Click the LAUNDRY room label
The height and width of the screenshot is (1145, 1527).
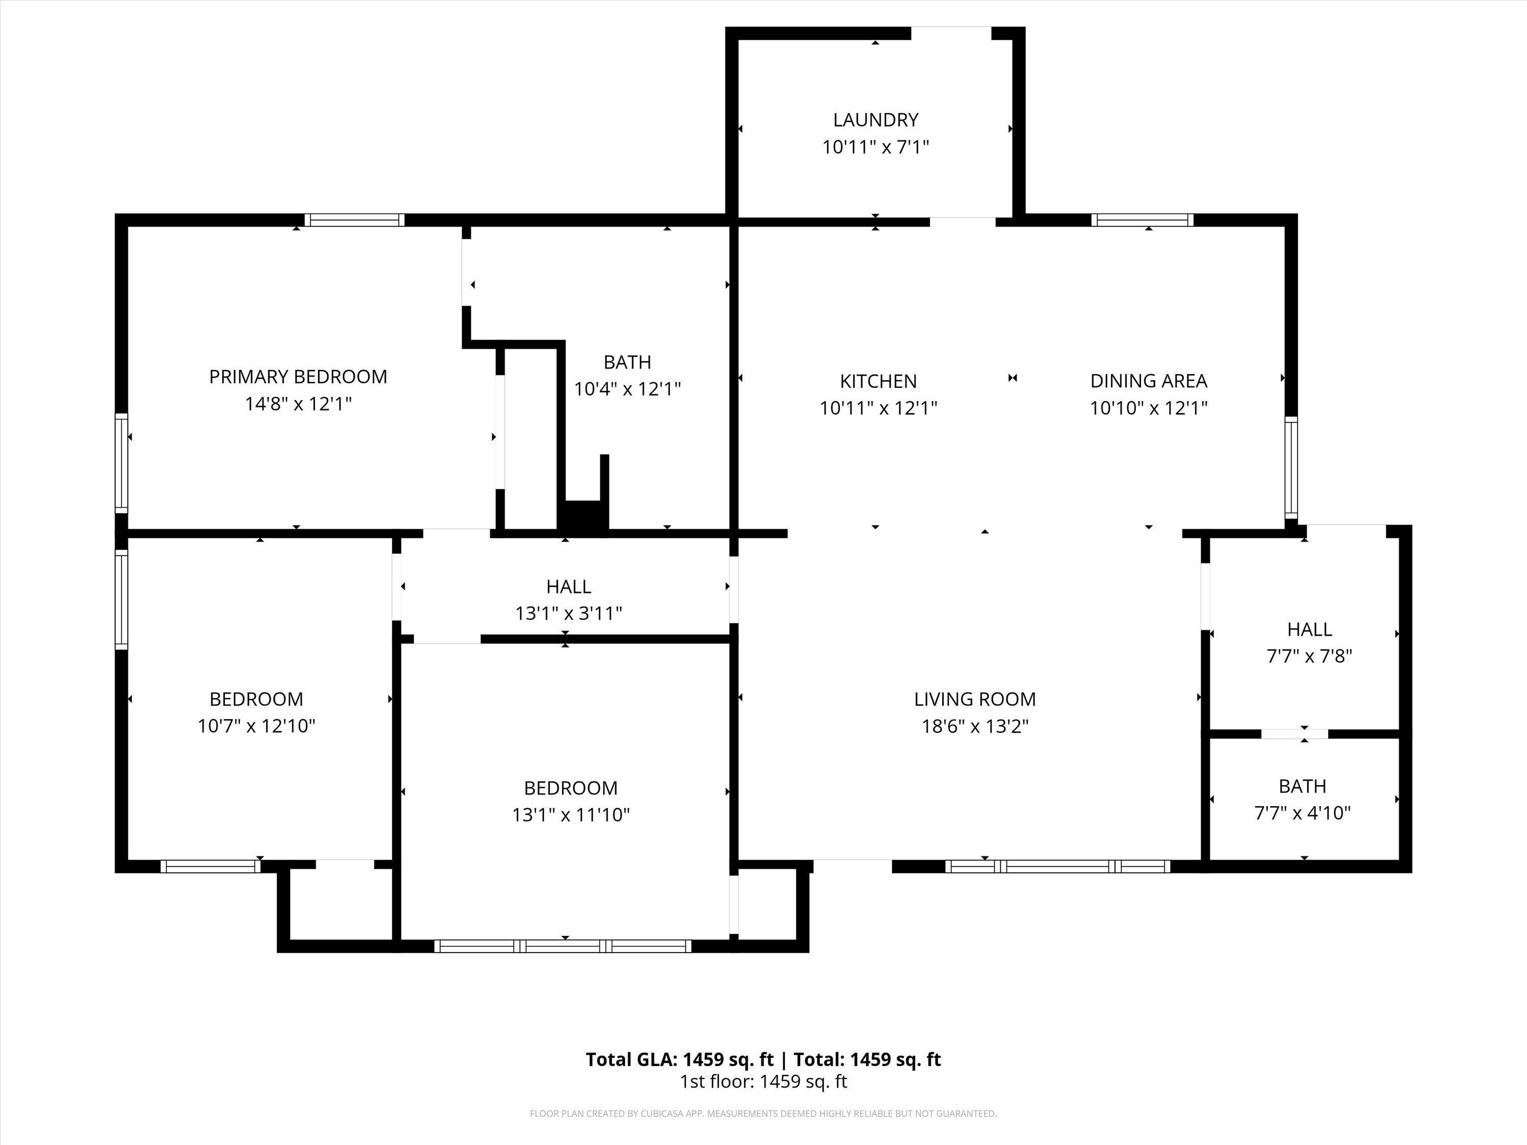coord(875,120)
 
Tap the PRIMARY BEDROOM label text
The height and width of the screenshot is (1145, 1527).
coord(298,377)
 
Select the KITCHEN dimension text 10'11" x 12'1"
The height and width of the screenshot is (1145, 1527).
coord(878,408)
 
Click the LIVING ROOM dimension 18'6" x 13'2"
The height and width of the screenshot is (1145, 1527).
coord(975,726)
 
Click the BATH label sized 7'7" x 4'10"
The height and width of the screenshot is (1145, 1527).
coord(1302,786)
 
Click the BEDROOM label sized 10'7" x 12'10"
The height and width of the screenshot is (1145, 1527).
coord(256,699)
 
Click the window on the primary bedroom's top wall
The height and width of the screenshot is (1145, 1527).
coord(355,220)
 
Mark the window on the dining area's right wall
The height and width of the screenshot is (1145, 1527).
coord(1290,467)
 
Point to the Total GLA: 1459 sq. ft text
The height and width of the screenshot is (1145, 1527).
coord(680,1060)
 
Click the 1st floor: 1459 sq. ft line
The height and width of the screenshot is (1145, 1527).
coord(763,1081)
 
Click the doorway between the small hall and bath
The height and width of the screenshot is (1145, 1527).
coord(1294,734)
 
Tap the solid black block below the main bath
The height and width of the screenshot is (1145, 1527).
coord(583,515)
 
